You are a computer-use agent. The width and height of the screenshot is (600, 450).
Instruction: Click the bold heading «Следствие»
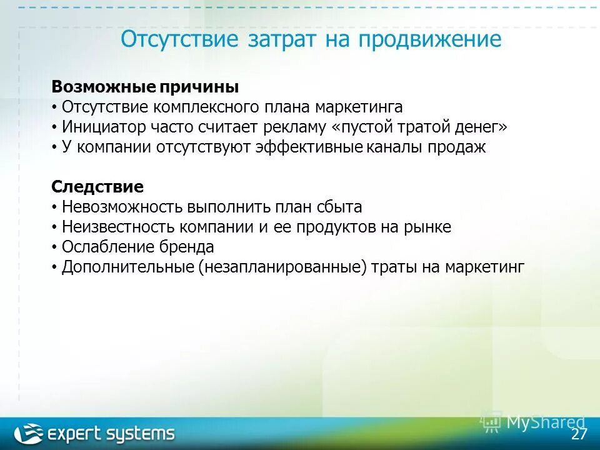click(x=97, y=186)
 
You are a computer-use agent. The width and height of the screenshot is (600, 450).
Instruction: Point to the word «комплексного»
click(x=199, y=107)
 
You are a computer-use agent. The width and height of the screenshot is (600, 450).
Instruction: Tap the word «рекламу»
click(x=297, y=127)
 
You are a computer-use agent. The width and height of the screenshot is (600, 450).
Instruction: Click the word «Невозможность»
click(x=122, y=207)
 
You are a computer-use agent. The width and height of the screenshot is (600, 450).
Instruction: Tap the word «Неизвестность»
click(x=119, y=227)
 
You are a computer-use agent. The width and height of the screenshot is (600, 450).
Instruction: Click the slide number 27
click(x=579, y=434)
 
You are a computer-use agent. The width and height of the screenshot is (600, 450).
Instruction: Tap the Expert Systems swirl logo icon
click(x=29, y=433)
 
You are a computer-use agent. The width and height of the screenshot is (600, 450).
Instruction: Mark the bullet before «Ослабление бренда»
click(x=54, y=247)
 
